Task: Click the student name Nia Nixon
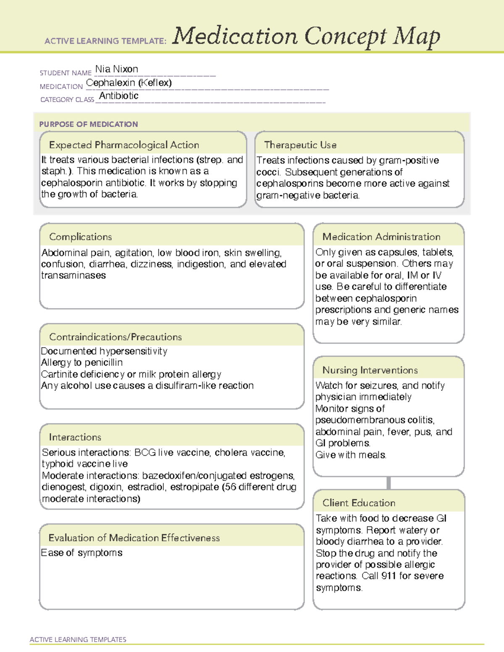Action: (116, 69)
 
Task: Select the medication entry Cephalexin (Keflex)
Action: (129, 83)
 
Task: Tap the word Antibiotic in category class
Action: (119, 96)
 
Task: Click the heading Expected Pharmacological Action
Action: (124, 145)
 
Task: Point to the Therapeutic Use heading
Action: (300, 145)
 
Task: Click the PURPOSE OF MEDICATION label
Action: (88, 124)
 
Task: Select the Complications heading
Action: (80, 237)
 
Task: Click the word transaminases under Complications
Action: (73, 275)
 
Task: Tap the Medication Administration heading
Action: (381, 237)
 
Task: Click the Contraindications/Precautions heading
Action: (115, 337)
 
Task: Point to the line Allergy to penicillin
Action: (82, 362)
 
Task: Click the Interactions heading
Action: (75, 437)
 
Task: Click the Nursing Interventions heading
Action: (370, 370)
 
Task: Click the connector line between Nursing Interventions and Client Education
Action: (388, 483)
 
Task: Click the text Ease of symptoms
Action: (82, 553)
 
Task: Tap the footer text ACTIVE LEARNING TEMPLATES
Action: (78, 639)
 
